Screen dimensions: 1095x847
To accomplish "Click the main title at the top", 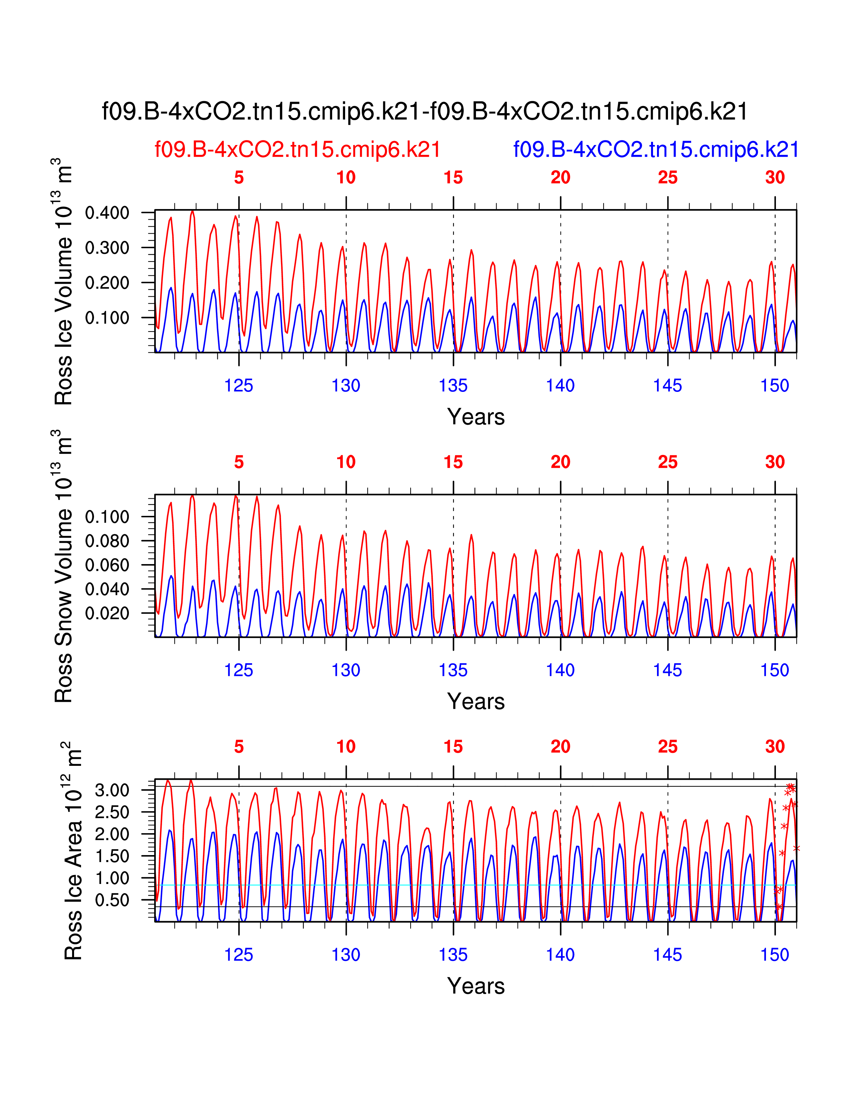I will click(424, 111).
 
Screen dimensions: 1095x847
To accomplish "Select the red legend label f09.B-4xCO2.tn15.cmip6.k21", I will click(298, 149).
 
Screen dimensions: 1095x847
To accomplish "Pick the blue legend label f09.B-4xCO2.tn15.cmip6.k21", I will click(656, 149).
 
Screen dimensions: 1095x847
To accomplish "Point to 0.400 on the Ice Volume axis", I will click(107, 213).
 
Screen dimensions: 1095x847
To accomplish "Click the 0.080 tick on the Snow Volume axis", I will click(107, 541).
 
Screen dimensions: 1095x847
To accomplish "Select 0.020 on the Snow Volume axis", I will click(107, 613).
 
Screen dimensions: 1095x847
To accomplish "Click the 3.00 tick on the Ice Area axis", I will click(112, 791).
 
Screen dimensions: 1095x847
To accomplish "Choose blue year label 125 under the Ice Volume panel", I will click(238, 386).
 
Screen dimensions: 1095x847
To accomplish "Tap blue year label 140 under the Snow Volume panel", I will click(560, 670).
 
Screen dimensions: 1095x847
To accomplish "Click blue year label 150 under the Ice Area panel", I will click(775, 955).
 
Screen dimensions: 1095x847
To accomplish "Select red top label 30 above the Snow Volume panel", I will click(775, 462).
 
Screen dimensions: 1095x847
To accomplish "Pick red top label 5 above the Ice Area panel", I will click(238, 747).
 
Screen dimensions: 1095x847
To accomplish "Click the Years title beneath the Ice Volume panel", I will click(476, 417).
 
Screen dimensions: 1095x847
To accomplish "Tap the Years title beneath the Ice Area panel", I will click(476, 986).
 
